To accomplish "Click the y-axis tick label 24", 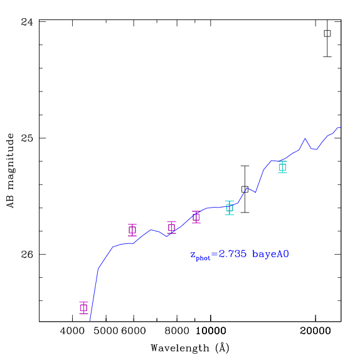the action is (27, 22).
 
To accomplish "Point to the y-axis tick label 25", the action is (27, 138).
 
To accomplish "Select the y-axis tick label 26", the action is (27, 255).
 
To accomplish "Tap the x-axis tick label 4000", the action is (72, 331).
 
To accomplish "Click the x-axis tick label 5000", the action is (106, 331).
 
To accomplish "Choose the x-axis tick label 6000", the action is (134, 331).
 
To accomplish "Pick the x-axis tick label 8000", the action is (177, 331).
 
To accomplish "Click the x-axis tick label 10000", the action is (211, 331).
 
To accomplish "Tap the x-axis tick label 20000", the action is (315, 331).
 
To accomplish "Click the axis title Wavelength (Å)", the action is (190, 348).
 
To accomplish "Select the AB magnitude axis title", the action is (10, 171).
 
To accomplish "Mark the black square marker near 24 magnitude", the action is (327, 33).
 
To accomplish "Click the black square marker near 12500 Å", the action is (245, 189).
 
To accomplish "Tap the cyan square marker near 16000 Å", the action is (282, 167).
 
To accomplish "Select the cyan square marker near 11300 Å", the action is (230, 208).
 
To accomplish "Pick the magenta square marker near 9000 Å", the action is (196, 217).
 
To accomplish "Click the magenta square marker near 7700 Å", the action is (171, 228).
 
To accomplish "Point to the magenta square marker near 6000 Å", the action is (132, 230).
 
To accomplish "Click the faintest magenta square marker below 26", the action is (84, 308).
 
